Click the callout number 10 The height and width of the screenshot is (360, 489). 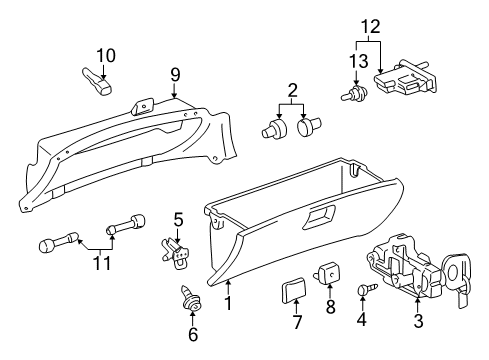point(106,54)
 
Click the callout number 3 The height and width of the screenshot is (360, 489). point(419,322)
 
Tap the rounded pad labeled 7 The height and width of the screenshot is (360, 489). point(293,291)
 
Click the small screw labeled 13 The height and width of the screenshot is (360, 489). point(352,95)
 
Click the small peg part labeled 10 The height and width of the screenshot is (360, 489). point(98,79)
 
